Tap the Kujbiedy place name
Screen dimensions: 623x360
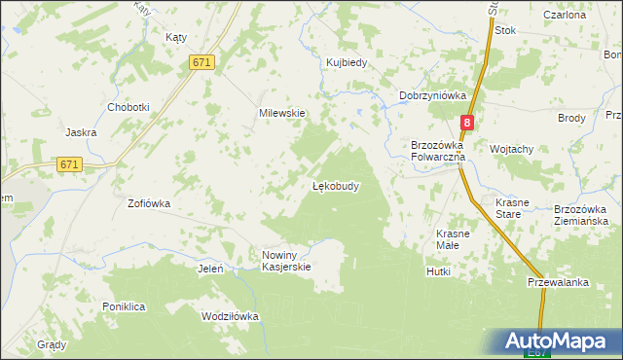pyautogui.click(x=346, y=63)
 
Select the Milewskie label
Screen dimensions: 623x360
pyautogui.click(x=282, y=113)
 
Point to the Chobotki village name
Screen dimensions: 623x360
pyautogui.click(x=128, y=107)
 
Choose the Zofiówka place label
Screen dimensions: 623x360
pyautogui.click(x=149, y=204)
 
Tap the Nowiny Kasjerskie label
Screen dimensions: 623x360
pyautogui.click(x=285, y=261)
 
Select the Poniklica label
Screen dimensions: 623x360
pyautogui.click(x=124, y=306)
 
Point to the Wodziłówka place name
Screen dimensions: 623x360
pyautogui.click(x=230, y=317)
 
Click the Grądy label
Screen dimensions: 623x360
pyautogui.click(x=52, y=345)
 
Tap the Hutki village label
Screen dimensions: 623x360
pyautogui.click(x=438, y=271)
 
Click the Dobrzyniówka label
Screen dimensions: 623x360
pyautogui.click(x=433, y=95)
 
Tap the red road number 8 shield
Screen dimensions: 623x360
pyautogui.click(x=468, y=123)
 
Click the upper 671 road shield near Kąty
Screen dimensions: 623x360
pyautogui.click(x=202, y=62)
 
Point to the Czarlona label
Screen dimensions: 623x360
pyautogui.click(x=565, y=16)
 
